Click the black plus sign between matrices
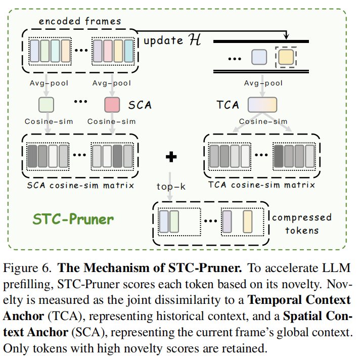tap(171, 157)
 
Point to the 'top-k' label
tap(171, 186)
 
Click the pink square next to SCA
tap(112, 105)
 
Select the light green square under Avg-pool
tap(47, 105)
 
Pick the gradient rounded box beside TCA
tap(262, 105)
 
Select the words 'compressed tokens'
tap(301, 223)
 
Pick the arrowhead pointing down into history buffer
tap(286, 36)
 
